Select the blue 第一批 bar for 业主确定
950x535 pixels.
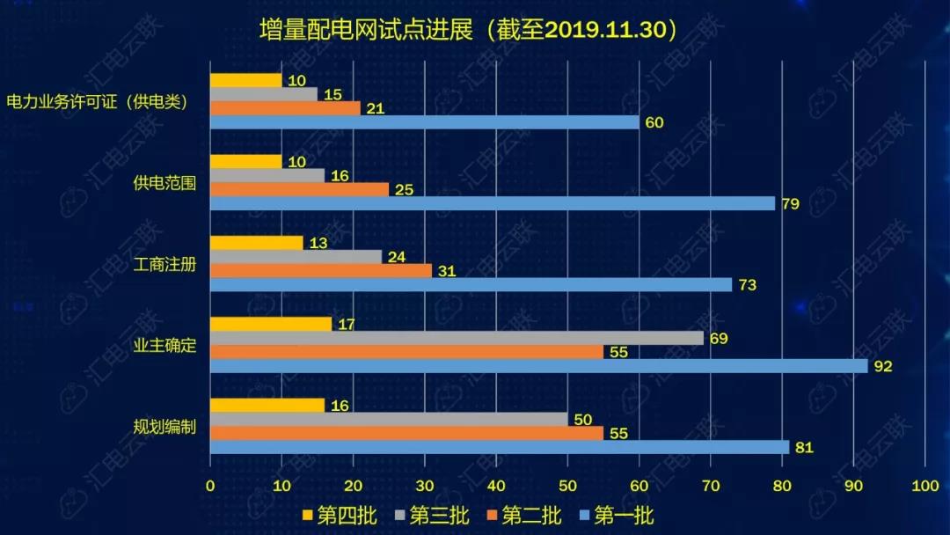click(538, 366)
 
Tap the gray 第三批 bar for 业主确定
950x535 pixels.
click(457, 338)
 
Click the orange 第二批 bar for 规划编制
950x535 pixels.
click(406, 433)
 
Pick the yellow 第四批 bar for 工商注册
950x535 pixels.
click(257, 243)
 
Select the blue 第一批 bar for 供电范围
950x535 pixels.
click(493, 203)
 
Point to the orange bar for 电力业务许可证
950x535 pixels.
click(286, 108)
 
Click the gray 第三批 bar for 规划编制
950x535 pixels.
click(389, 419)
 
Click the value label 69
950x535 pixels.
click(719, 338)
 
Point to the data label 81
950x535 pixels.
click(804, 448)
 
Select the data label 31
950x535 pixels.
click(446, 271)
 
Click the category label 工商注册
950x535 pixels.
click(164, 265)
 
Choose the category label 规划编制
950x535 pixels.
click(164, 428)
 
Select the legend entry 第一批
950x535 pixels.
click(616, 516)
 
